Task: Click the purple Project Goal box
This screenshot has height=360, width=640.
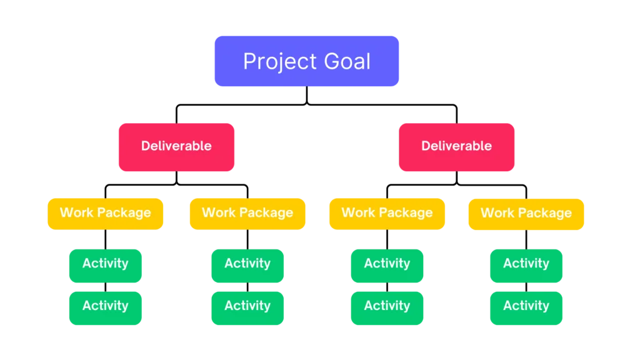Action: click(306, 61)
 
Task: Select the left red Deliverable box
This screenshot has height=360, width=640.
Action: click(176, 146)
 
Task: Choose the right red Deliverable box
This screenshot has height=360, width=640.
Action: click(456, 146)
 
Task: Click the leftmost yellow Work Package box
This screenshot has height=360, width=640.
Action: click(105, 213)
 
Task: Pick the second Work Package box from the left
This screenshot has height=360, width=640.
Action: click(247, 213)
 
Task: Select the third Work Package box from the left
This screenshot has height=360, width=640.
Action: click(387, 213)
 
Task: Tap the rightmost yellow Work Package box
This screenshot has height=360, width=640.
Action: click(526, 213)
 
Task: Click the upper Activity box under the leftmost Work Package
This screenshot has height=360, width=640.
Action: click(105, 264)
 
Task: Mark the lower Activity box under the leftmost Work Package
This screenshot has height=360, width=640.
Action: click(105, 306)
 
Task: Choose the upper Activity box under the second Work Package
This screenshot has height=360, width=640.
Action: click(247, 264)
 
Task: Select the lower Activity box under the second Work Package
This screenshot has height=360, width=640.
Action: click(247, 306)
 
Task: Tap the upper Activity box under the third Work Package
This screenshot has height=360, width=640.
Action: click(387, 264)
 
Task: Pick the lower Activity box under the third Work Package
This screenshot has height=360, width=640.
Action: click(387, 306)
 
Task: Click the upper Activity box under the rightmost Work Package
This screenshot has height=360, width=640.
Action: click(526, 264)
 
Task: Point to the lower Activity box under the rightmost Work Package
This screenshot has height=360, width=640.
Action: click(526, 306)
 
